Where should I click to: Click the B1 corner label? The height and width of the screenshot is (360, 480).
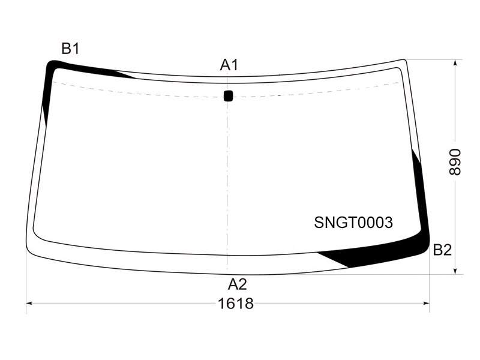pyautogui.click(x=70, y=49)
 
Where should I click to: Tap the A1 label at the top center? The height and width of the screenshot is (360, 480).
pyautogui.click(x=229, y=65)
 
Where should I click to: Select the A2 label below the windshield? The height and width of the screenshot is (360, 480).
pyautogui.click(x=237, y=284)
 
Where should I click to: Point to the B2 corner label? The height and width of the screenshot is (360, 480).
pyautogui.click(x=442, y=250)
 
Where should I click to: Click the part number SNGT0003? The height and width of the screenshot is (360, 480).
pyautogui.click(x=353, y=222)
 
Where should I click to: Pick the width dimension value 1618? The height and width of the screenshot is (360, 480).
pyautogui.click(x=236, y=304)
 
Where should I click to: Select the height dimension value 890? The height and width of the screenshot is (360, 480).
pyautogui.click(x=455, y=162)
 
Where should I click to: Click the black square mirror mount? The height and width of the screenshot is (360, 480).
pyautogui.click(x=229, y=95)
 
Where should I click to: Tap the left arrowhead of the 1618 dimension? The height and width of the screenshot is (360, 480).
pyautogui.click(x=29, y=304)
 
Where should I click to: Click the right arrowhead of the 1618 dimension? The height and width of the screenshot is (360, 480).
pyautogui.click(x=426, y=304)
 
